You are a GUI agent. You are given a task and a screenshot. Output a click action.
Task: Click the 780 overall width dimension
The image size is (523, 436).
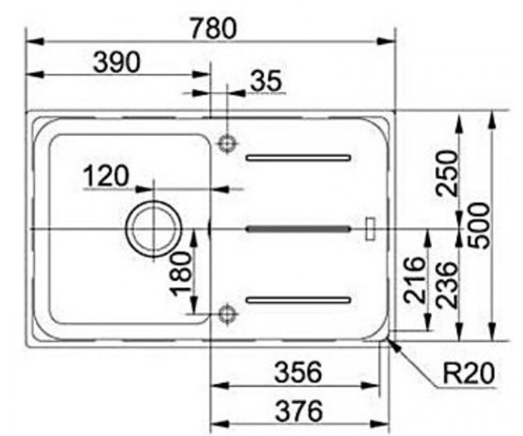tap(213, 29)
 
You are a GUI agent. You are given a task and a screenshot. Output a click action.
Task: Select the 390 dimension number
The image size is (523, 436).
tap(116, 62)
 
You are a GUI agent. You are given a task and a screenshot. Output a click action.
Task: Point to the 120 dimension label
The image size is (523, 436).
tap(106, 176)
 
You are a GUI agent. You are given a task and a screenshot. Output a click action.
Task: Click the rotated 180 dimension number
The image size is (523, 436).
tap(181, 274)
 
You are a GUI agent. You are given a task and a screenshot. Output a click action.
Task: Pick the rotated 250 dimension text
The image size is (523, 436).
tap(447, 173)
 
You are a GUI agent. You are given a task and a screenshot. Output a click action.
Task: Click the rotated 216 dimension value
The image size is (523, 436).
tap(414, 279)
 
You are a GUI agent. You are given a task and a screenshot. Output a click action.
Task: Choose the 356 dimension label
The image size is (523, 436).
tap(298, 372)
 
